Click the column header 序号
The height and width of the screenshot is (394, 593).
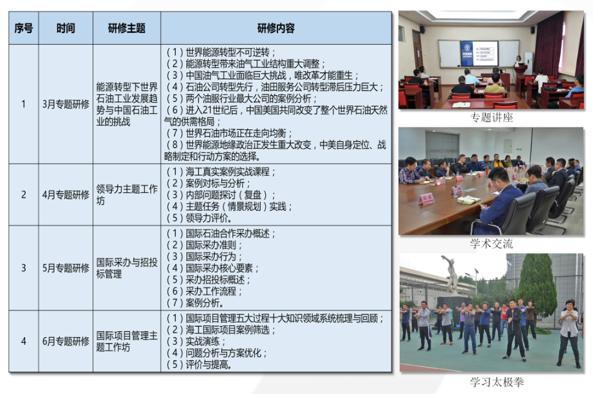(x=23, y=28)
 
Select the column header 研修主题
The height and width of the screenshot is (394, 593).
(x=127, y=28)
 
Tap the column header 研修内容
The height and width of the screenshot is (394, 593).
(x=275, y=28)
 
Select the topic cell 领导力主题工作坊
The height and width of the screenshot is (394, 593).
(x=127, y=195)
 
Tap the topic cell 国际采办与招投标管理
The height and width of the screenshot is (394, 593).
(x=127, y=268)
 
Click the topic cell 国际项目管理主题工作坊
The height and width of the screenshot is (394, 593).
(x=127, y=341)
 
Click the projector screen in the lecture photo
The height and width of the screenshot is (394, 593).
(x=479, y=52)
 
